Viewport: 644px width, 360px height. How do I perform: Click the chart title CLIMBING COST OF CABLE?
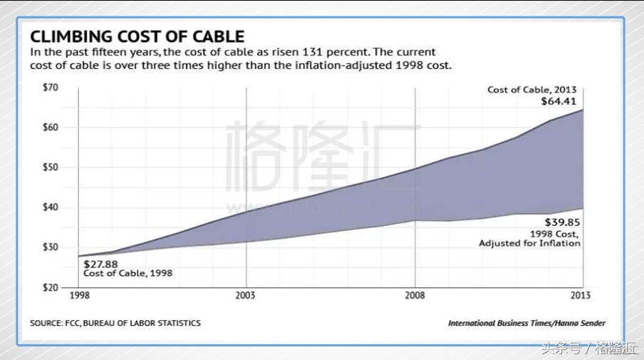tap(137, 36)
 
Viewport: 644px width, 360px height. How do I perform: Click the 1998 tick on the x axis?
tap(79, 294)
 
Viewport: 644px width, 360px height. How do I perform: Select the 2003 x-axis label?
tap(246, 294)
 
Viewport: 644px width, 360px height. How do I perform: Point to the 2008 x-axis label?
tap(415, 294)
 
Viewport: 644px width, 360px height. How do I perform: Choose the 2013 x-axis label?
tap(581, 294)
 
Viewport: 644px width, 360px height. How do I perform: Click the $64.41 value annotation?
tap(562, 101)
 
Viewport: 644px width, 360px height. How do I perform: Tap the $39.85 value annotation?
tap(563, 222)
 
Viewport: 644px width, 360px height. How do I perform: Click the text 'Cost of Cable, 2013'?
tap(531, 90)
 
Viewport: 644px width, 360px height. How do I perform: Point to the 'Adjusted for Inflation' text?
tap(529, 243)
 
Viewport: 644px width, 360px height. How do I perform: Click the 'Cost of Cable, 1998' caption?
tap(128, 273)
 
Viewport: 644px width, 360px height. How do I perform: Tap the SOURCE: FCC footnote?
tap(115, 323)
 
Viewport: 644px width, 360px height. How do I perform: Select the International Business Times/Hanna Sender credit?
tap(526, 323)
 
